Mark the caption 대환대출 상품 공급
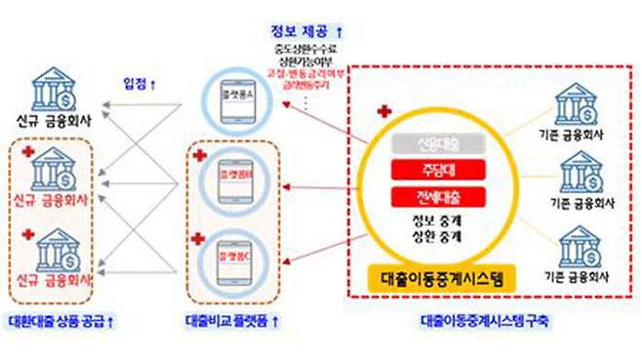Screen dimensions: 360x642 [x=60, y=319]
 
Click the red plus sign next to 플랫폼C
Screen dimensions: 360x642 [x=199, y=238]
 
